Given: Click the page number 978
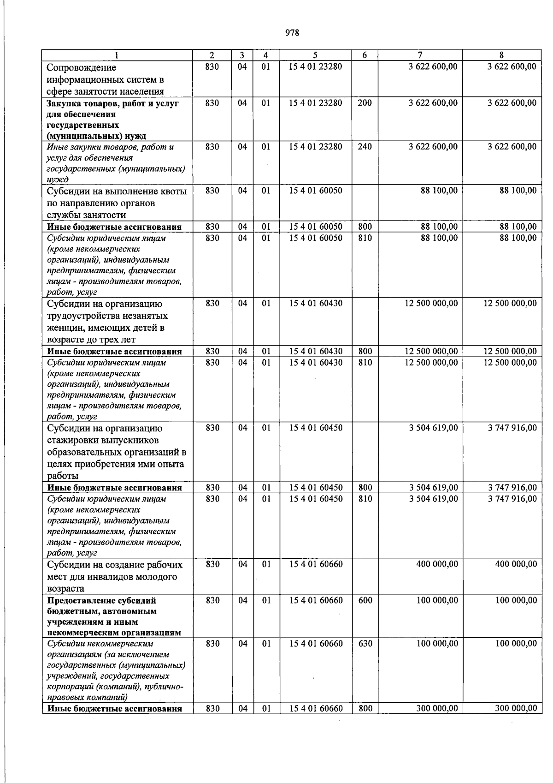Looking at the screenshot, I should [x=292, y=33].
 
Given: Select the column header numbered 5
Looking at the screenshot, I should [x=316, y=55].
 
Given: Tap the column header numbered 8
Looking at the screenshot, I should [x=502, y=55].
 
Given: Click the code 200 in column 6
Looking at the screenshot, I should [x=365, y=103].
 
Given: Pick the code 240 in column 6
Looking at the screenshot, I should [x=365, y=147].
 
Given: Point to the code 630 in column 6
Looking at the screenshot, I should [x=365, y=643].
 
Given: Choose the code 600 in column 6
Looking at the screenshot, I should [x=365, y=600].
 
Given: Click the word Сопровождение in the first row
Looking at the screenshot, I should [x=81, y=67].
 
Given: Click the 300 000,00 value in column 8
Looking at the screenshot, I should [x=516, y=708].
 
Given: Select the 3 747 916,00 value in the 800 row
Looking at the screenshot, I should [x=512, y=487].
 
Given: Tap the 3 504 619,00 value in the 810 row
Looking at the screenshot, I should [x=433, y=499].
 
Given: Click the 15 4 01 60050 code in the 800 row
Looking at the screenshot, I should [x=316, y=227].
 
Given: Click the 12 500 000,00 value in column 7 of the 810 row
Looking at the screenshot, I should [x=431, y=363].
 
